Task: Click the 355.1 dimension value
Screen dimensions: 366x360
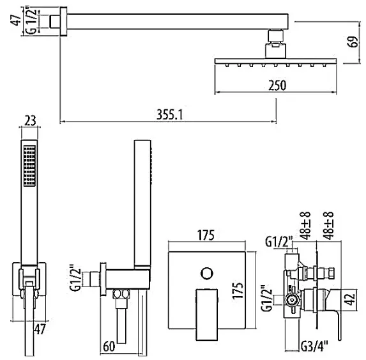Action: [169, 114]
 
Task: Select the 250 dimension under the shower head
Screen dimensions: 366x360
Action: [277, 85]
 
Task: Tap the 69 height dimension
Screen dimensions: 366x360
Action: [353, 42]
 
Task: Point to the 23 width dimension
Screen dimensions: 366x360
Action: [30, 121]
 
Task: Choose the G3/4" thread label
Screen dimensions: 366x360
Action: [314, 346]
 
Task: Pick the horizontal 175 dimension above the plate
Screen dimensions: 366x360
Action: [206, 235]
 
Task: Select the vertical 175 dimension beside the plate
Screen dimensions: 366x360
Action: [238, 290]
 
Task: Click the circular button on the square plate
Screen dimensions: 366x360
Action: [207, 273]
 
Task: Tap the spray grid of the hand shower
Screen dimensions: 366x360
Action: [29, 166]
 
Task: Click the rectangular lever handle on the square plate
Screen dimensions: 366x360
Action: [206, 315]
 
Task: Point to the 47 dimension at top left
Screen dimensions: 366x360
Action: [15, 20]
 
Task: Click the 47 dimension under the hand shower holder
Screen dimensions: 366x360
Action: [40, 329]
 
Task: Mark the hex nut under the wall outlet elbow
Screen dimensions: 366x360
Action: [121, 294]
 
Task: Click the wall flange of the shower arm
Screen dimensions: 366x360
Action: [63, 22]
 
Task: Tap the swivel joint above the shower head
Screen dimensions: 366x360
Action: [276, 36]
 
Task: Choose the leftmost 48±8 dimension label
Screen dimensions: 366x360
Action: [305, 226]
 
